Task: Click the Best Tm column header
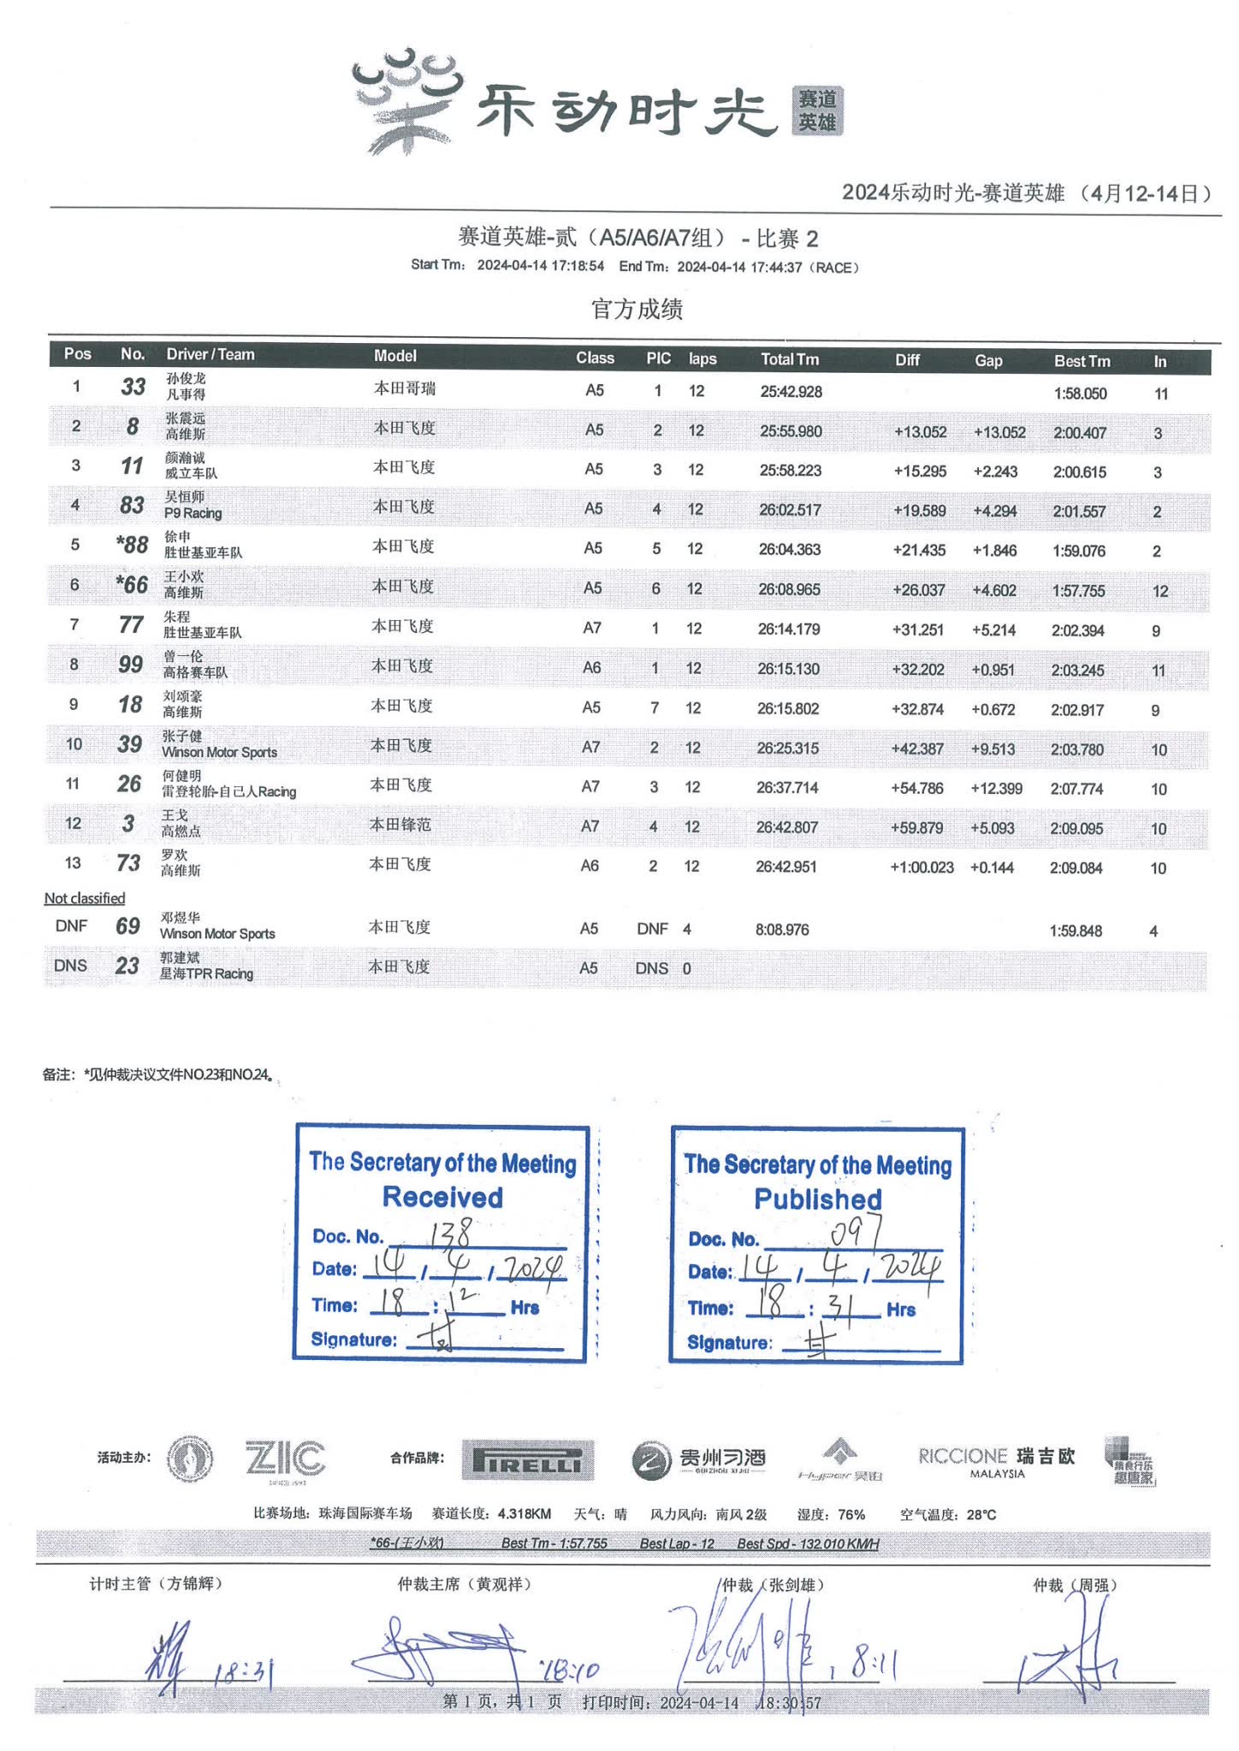click(1082, 361)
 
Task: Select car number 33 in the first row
click(133, 387)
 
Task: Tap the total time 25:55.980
click(791, 431)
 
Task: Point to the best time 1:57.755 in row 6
click(1078, 590)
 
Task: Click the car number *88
click(133, 545)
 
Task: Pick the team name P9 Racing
click(193, 513)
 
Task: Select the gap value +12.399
click(996, 788)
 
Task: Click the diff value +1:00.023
click(922, 867)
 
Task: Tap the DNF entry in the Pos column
click(71, 926)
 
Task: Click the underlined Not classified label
click(85, 898)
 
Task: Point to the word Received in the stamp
click(442, 1197)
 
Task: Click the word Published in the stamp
click(817, 1199)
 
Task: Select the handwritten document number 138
click(450, 1233)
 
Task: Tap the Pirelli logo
click(527, 1459)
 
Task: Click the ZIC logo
click(285, 1458)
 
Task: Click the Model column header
click(395, 356)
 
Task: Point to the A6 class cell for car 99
click(592, 667)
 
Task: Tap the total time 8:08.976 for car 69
click(781, 929)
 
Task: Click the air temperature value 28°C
click(981, 1514)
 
